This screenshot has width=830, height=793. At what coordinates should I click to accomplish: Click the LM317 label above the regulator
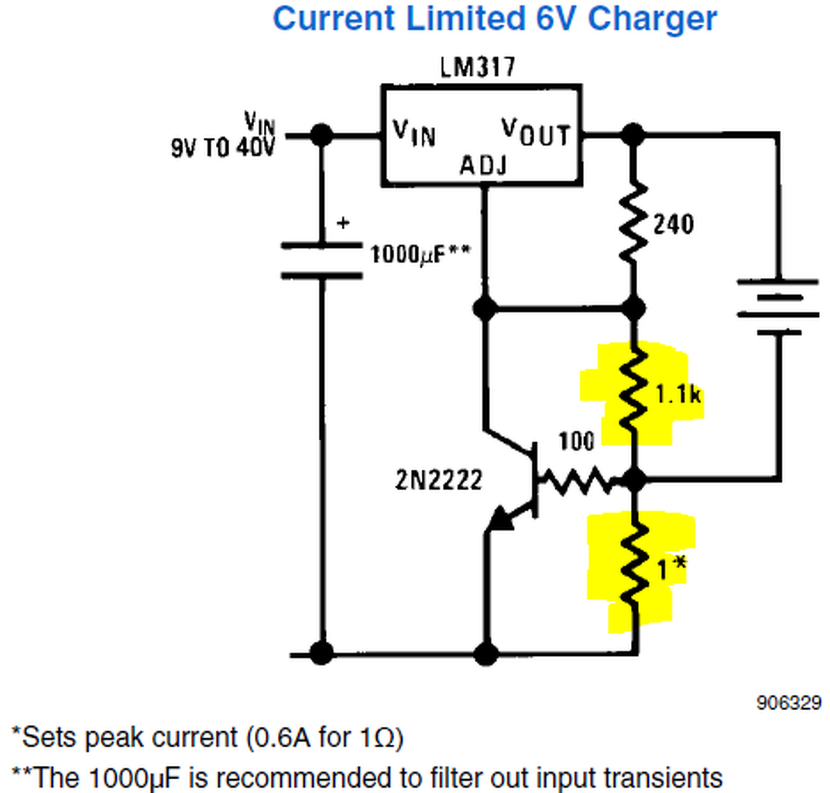pyautogui.click(x=477, y=67)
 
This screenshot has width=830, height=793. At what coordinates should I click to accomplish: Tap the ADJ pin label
pyautogui.click(x=484, y=165)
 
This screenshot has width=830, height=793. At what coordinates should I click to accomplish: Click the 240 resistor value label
pyautogui.click(x=673, y=225)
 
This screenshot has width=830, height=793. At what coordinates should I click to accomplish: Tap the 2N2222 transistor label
pyautogui.click(x=439, y=480)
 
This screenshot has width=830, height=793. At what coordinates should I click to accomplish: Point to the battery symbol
pyautogui.click(x=777, y=307)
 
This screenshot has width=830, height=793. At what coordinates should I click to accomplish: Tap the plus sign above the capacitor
pyautogui.click(x=343, y=223)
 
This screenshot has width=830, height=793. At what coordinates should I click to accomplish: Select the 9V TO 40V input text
pyautogui.click(x=223, y=147)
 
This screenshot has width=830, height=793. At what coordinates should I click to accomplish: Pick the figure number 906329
pyautogui.click(x=788, y=703)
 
